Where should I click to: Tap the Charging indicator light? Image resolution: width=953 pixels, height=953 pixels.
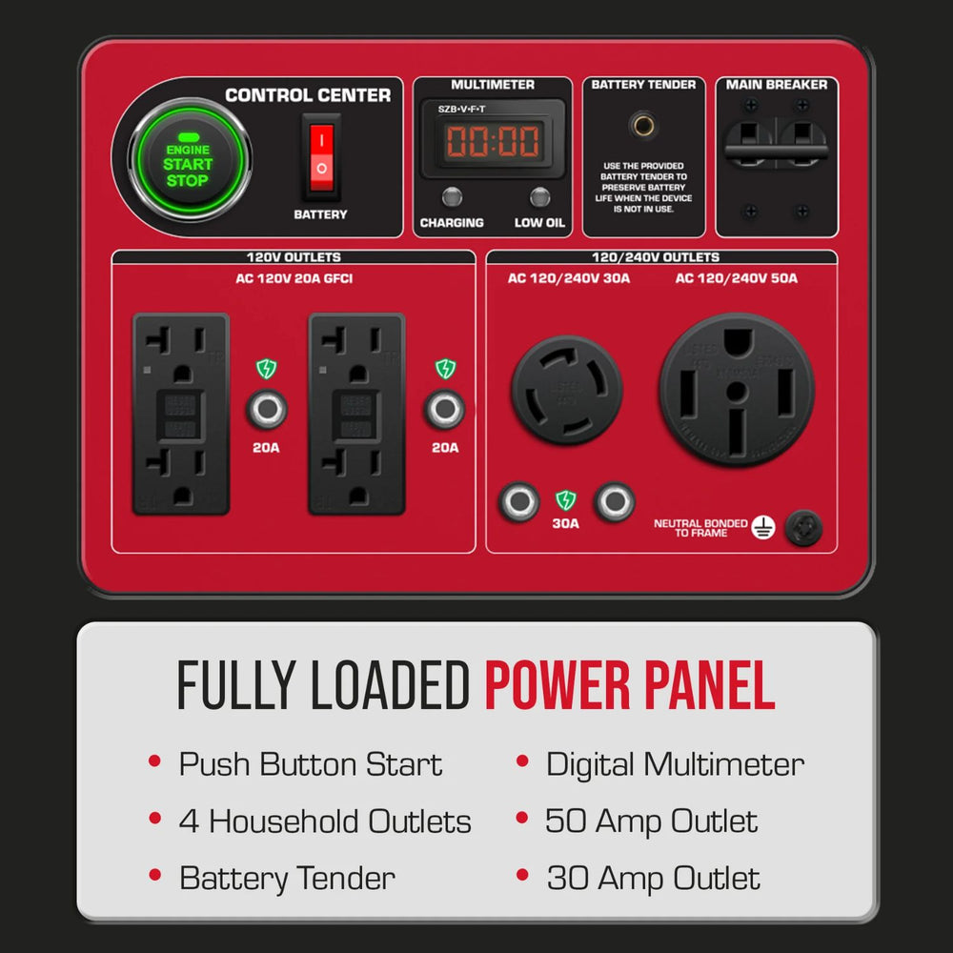(453, 197)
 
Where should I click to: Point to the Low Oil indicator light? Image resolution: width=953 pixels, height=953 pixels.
(540, 197)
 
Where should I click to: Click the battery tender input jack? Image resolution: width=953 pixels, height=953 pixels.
(643, 125)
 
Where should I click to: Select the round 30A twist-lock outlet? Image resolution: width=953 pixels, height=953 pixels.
(567, 389)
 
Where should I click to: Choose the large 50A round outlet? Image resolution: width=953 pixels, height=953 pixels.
(737, 389)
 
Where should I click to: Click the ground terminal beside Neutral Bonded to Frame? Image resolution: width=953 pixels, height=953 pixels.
(804, 528)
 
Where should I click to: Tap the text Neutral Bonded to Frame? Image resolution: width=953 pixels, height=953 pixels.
(700, 528)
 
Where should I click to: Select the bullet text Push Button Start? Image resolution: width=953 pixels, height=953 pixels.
(311, 764)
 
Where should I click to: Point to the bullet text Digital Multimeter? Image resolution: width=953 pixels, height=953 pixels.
(675, 764)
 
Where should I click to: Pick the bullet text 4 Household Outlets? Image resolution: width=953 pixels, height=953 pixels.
(325, 821)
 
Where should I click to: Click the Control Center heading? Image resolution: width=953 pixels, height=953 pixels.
(308, 95)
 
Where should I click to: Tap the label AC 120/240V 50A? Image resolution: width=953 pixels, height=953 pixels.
(737, 278)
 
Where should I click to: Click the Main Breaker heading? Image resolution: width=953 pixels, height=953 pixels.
(777, 85)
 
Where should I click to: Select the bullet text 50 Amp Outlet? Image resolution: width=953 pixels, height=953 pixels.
(652, 821)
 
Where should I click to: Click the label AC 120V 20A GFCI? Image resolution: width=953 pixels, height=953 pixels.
(294, 278)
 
